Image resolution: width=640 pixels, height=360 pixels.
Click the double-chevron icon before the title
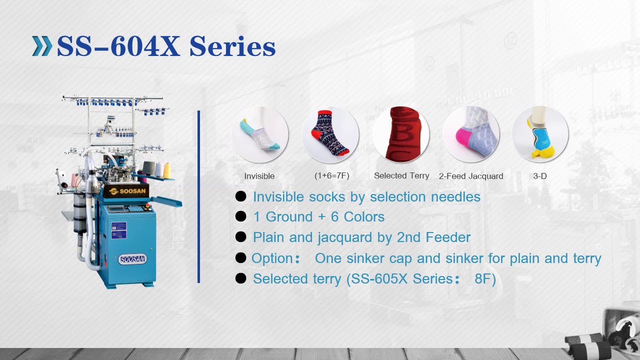42,46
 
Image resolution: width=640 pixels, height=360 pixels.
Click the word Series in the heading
232,46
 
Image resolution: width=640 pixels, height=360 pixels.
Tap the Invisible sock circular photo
259,134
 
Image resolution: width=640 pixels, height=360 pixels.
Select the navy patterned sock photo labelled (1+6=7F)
330,134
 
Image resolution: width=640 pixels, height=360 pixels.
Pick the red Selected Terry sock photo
400,134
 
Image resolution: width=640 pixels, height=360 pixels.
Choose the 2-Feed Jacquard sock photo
470,134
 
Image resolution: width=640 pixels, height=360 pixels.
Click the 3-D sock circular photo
540,134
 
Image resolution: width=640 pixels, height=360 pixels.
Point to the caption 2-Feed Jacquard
471,176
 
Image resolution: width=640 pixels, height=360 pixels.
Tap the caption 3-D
540,176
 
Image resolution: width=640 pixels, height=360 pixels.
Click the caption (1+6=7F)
331,176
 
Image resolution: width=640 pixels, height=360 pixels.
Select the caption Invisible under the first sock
259,176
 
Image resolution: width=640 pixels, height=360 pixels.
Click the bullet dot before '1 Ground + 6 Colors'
241,216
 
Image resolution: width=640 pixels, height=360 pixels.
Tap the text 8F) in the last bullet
485,278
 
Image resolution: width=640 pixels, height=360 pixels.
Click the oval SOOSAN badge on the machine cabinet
132,259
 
